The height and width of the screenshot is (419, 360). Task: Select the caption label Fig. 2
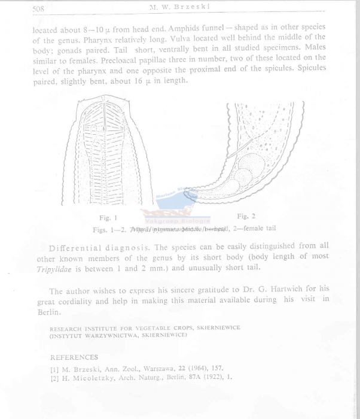coord(246,215)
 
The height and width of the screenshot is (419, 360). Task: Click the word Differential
coord(81,247)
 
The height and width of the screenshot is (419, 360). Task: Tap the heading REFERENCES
coord(75,357)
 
